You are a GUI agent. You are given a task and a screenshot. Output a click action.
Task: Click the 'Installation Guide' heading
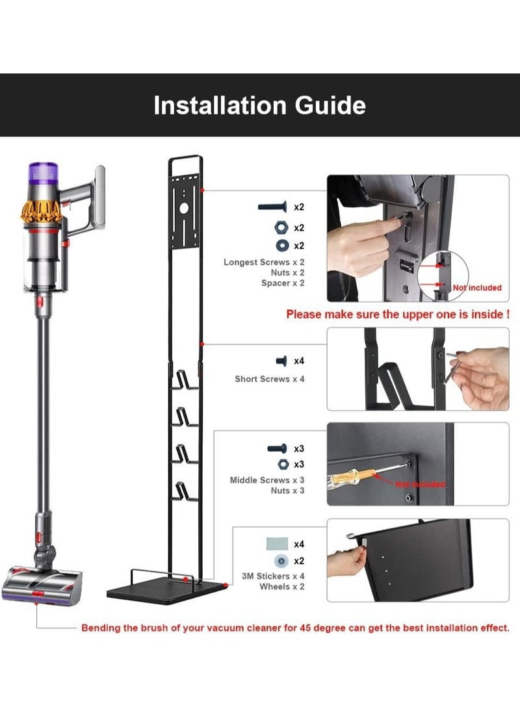tap(259, 105)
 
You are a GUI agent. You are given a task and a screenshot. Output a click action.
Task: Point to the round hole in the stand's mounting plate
tap(183, 209)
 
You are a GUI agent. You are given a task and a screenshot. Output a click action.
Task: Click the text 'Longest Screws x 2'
tap(264, 262)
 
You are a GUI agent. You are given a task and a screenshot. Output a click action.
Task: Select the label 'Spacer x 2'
tap(283, 283)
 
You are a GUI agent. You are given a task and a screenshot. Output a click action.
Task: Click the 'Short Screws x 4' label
tap(269, 378)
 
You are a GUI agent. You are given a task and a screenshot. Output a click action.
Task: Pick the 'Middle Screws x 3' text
tap(266, 480)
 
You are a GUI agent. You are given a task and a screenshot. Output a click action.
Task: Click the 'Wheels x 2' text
tap(282, 586)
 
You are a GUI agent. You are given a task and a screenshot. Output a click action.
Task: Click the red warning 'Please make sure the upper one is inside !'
tap(397, 315)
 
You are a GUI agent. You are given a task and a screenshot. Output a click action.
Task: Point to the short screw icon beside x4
tap(281, 361)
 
